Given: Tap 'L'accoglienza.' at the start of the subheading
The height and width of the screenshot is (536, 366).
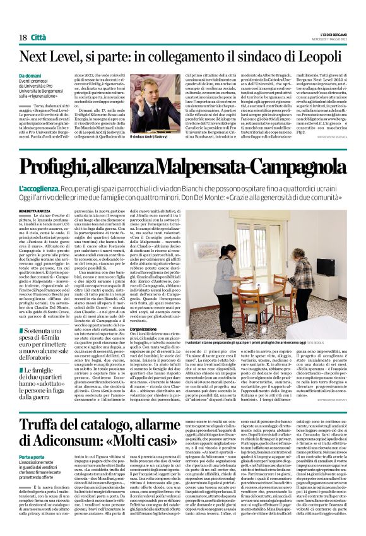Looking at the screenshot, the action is pyautogui.click(x=40, y=172).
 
